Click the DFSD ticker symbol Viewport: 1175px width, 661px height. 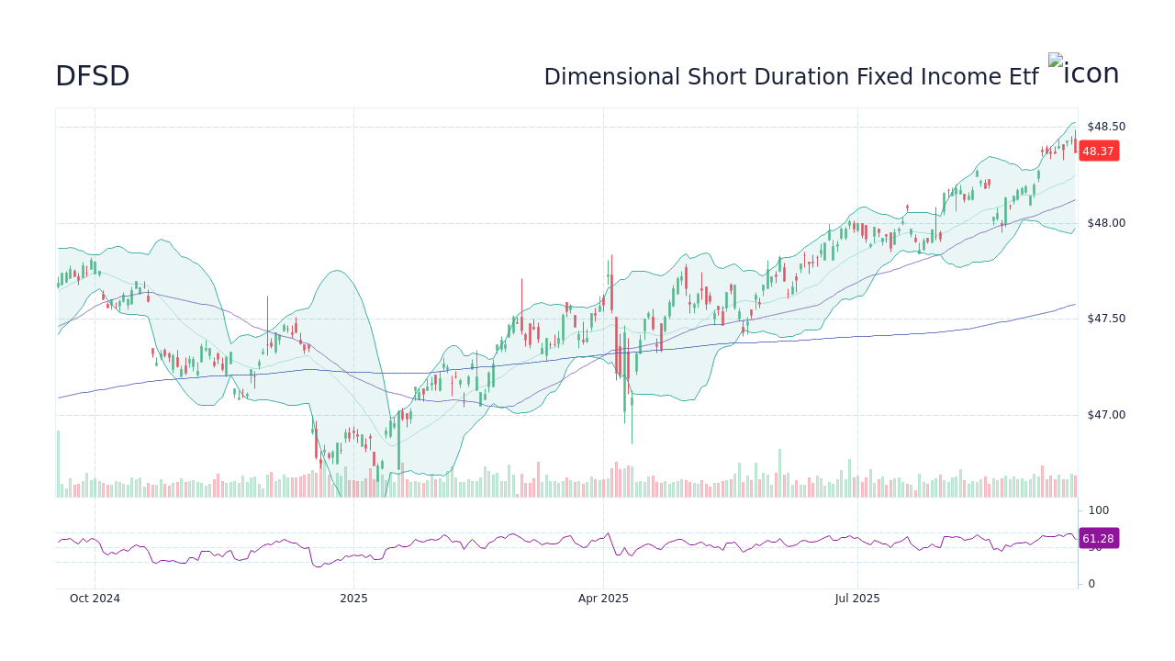point(92,76)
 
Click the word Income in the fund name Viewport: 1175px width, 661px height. point(957,77)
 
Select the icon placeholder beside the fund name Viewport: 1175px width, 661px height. point(1083,72)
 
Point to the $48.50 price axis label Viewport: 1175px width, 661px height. point(1105,127)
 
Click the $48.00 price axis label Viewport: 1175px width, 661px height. point(1105,223)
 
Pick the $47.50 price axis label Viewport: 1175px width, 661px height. point(1105,319)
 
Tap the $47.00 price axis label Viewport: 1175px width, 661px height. point(1105,415)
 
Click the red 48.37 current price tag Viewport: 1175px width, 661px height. point(1098,151)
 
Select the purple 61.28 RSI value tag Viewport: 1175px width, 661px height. point(1098,539)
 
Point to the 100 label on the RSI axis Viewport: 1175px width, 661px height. point(1099,510)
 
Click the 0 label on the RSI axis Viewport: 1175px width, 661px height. point(1091,584)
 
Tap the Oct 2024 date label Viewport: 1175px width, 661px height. point(95,599)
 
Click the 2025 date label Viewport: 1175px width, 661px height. point(353,599)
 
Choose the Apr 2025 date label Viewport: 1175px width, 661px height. point(603,599)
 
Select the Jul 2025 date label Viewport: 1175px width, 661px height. point(857,599)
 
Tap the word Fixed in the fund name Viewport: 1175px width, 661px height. point(884,77)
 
